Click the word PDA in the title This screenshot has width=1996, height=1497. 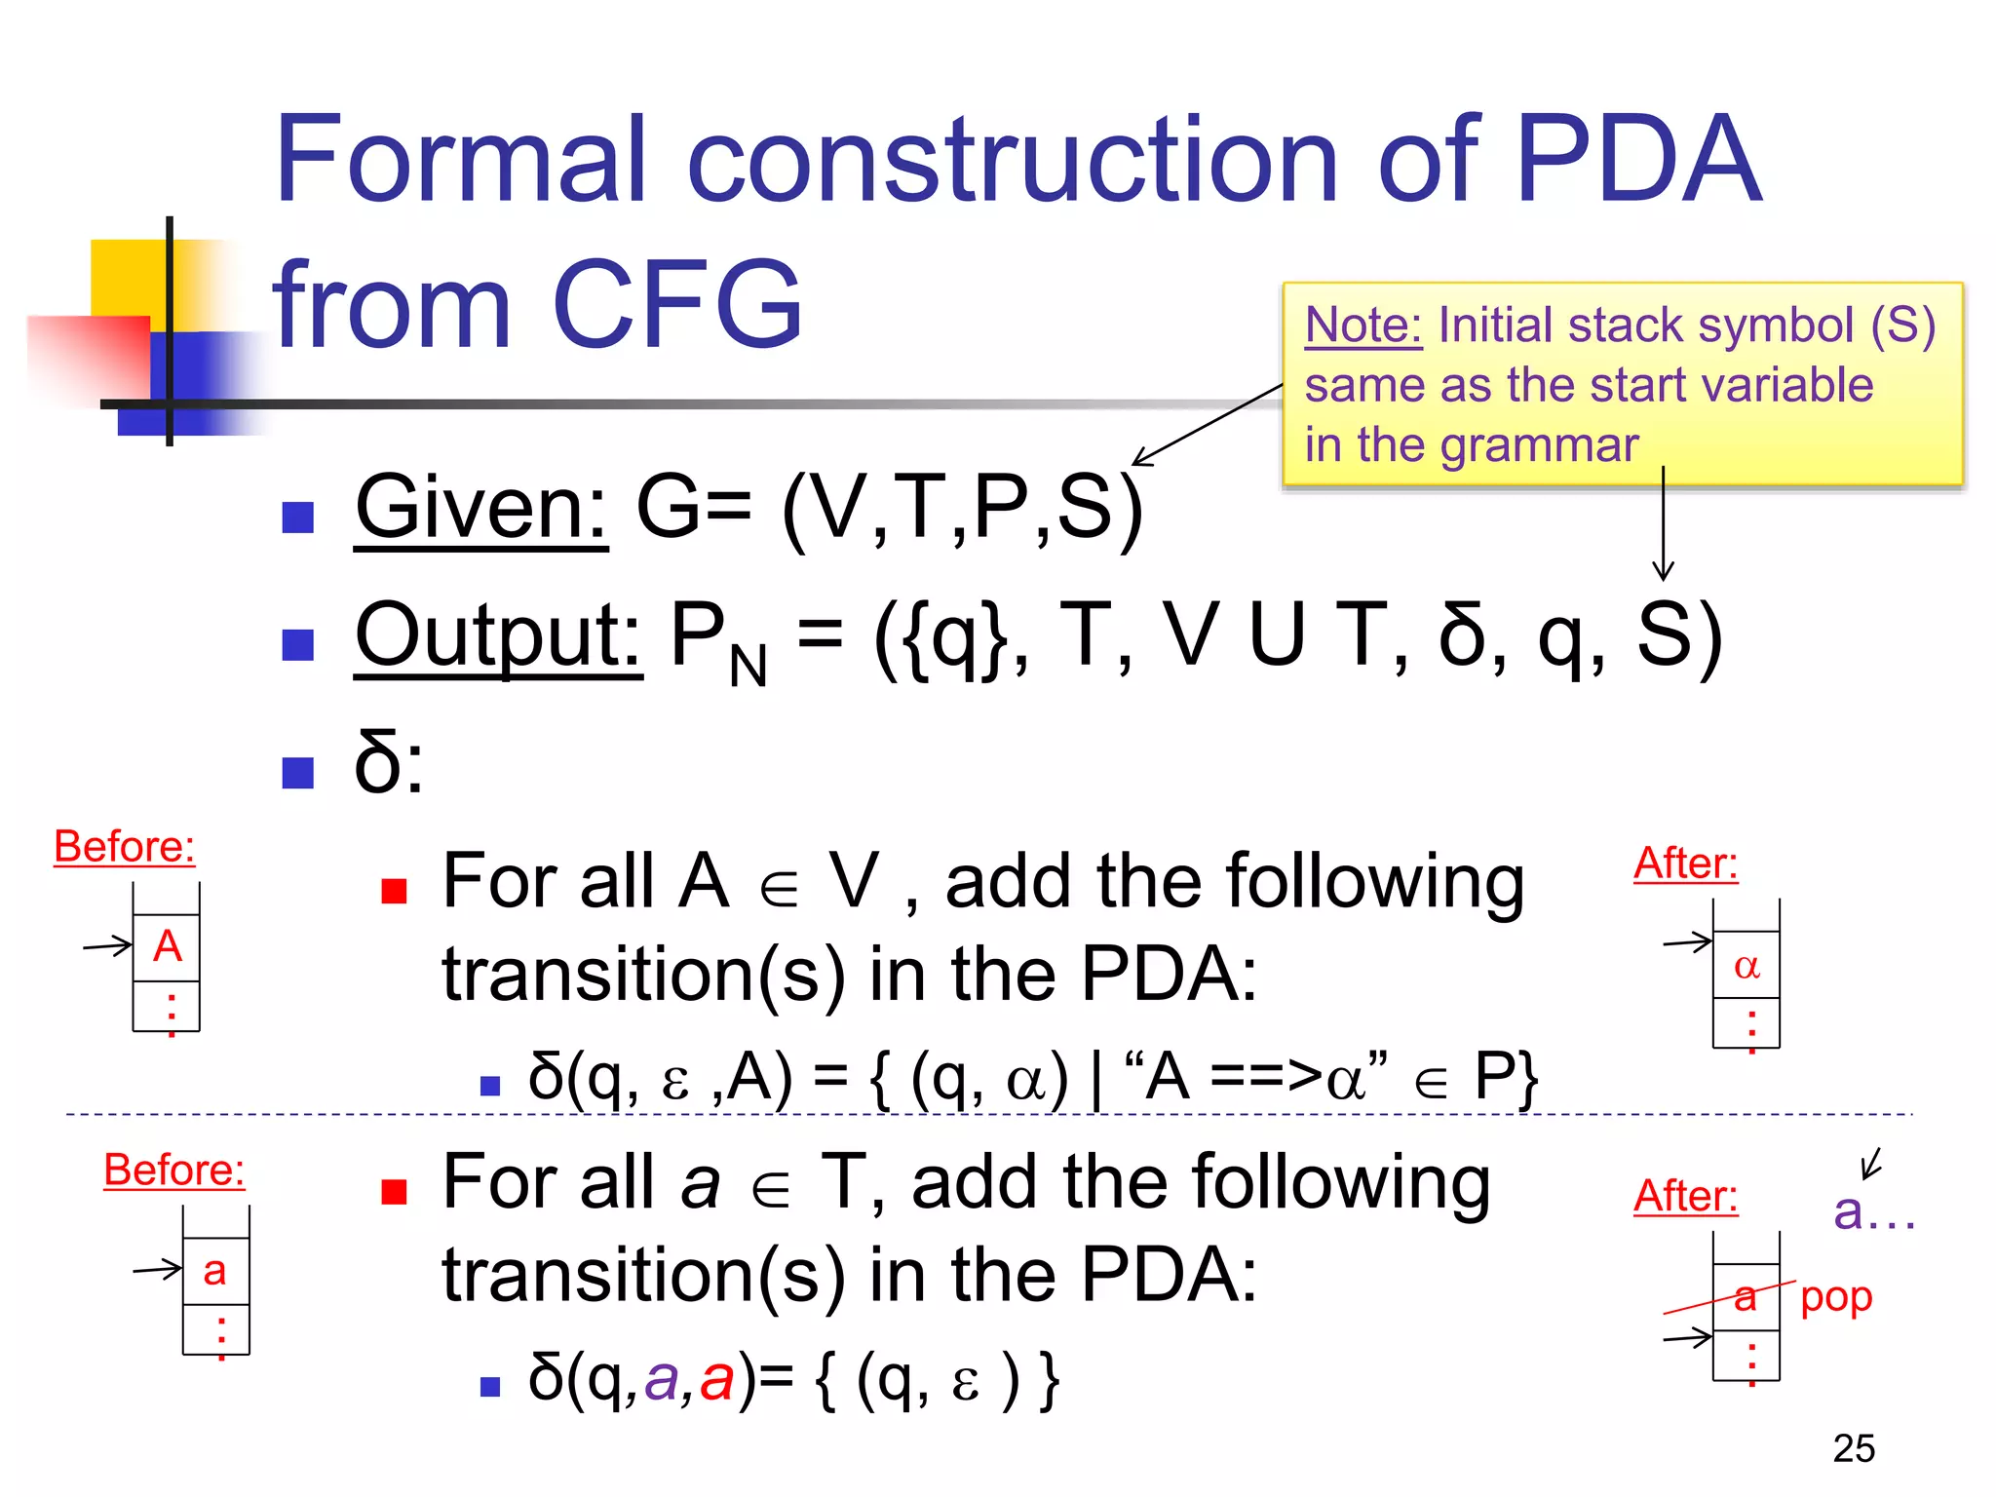1637,161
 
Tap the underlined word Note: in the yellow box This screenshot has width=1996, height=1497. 1363,325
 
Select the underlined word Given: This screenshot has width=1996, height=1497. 481,508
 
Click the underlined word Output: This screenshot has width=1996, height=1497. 497,635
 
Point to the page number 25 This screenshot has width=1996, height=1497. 1853,1448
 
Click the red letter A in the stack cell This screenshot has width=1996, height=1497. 168,946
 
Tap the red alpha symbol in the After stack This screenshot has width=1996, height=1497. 1746,966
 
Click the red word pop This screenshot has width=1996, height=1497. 1836,1297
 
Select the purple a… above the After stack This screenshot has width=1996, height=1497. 1872,1211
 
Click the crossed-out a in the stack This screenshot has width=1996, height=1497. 1745,1297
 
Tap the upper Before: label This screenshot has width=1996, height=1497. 124,846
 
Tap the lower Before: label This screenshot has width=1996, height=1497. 173,1170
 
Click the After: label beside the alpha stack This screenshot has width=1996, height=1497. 1685,864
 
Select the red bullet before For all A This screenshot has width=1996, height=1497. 394,891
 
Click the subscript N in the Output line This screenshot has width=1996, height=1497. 748,669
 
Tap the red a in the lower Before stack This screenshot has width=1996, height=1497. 214,1271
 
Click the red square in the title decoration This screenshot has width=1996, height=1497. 88,356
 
